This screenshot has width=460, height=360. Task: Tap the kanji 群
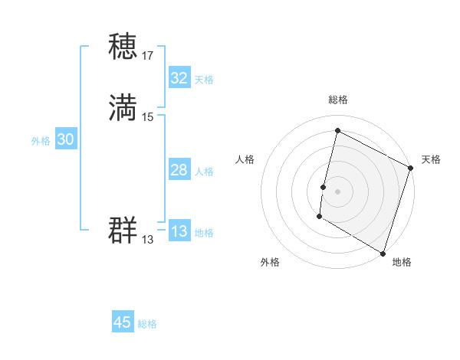(x=123, y=230)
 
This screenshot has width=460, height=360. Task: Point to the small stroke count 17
(x=148, y=56)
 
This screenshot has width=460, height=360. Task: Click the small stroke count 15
(x=148, y=116)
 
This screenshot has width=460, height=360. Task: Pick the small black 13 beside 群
(x=147, y=240)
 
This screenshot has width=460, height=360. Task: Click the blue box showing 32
(x=179, y=78)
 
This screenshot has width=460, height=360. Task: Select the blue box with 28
(x=179, y=170)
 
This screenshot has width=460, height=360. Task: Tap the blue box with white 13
(x=179, y=231)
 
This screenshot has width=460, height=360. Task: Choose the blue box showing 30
(x=66, y=139)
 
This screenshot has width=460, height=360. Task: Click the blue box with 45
(x=123, y=322)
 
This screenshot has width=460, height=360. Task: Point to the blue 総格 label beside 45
(x=147, y=324)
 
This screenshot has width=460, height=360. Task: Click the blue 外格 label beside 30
(x=41, y=141)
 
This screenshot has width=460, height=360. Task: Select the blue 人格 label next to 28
(x=204, y=172)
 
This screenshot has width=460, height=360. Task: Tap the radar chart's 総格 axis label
(x=337, y=100)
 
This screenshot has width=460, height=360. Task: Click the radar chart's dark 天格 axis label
(x=431, y=159)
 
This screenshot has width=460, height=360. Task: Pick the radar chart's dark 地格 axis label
(x=402, y=262)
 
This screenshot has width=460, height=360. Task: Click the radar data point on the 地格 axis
(x=383, y=253)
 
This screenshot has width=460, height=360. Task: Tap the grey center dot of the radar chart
(x=337, y=191)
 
